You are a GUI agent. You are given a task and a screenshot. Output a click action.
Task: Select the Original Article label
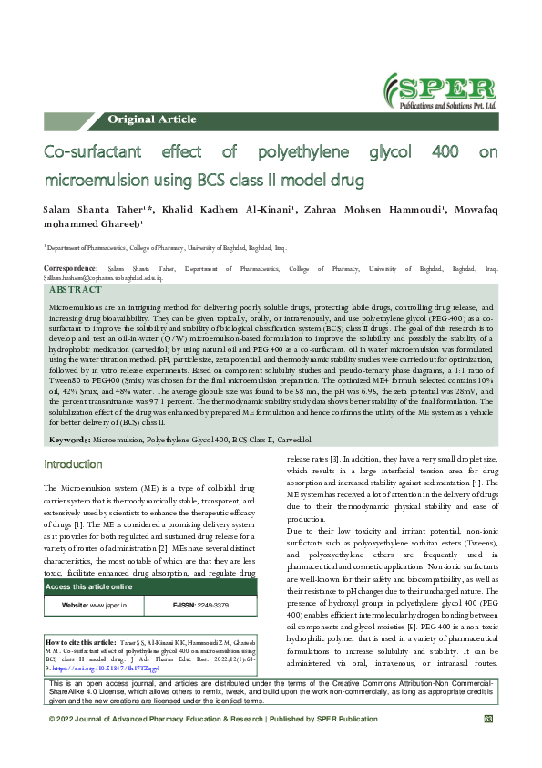click(x=151, y=119)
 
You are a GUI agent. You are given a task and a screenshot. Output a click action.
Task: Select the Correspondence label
click(x=71, y=269)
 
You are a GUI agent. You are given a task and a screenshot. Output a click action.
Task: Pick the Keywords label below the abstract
click(x=68, y=440)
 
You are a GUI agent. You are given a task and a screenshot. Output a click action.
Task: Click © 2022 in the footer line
click(x=64, y=745)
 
